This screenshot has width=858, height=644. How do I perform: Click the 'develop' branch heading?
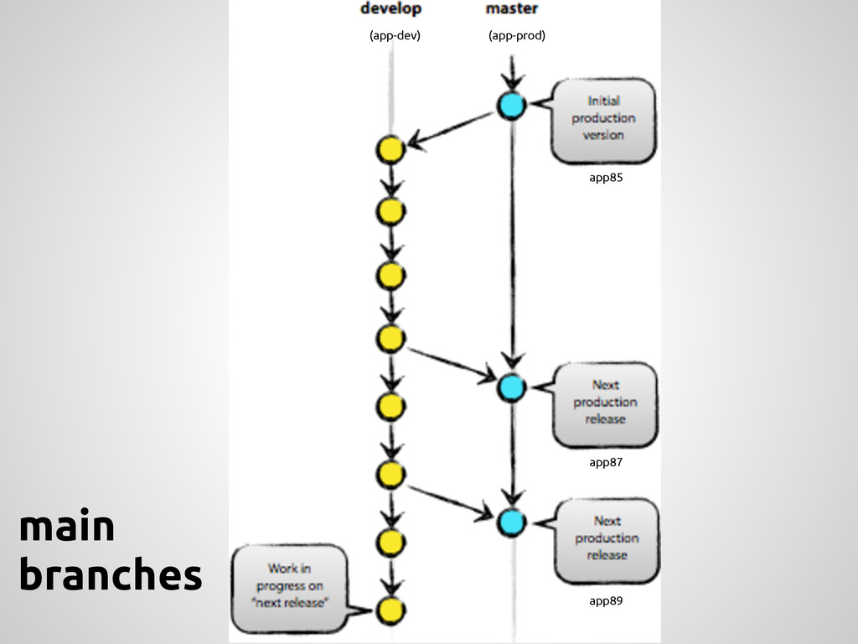(390, 9)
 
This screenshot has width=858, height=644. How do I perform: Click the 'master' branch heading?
(512, 9)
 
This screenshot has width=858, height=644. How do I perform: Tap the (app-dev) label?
(395, 35)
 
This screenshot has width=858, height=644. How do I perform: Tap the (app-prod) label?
(516, 35)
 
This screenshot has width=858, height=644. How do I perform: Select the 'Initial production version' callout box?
(602, 119)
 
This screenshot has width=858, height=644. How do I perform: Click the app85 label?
(606, 178)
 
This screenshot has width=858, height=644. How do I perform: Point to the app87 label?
(606, 462)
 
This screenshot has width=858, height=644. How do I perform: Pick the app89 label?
(606, 601)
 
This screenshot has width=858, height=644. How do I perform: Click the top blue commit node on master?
(510, 106)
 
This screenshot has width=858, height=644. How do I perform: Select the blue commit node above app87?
(510, 386)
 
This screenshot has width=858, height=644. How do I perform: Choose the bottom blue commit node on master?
(510, 522)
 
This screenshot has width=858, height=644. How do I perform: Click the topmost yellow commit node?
(390, 150)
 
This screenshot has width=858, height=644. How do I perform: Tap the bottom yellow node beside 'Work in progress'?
(390, 610)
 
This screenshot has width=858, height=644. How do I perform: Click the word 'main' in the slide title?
(66, 528)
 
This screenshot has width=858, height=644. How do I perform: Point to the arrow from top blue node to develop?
(452, 129)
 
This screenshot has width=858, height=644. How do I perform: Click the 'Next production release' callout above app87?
(605, 402)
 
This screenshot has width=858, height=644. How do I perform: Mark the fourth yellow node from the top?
(390, 338)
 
